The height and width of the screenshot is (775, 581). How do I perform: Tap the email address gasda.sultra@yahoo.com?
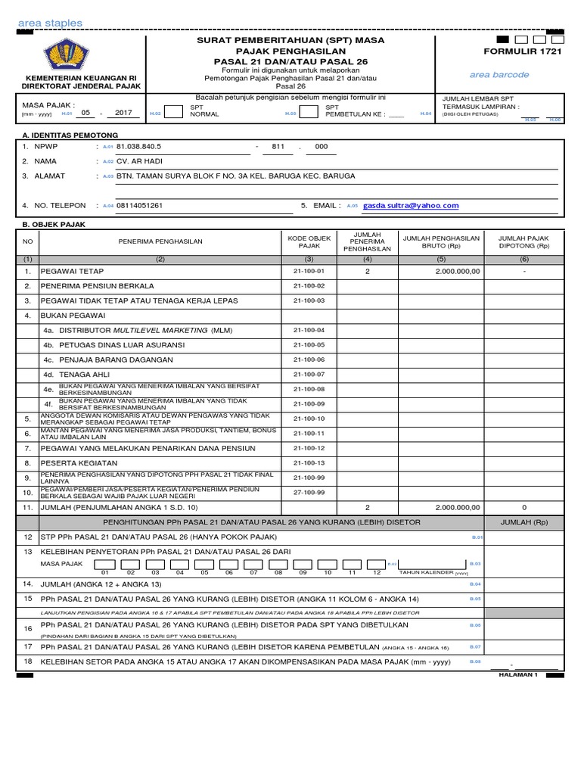411,205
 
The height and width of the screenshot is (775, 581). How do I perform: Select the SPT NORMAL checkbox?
173,112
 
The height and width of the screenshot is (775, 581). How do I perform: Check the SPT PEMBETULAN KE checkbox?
308,112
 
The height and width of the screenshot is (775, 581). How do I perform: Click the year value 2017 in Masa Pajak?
123,112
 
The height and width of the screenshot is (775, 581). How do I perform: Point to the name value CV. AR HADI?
139,160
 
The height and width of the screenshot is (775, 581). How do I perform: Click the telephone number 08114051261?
139,205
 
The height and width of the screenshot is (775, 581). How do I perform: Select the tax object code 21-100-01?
309,271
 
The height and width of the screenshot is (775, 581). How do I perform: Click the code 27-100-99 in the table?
309,492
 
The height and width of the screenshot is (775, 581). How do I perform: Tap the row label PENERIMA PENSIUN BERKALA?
97,286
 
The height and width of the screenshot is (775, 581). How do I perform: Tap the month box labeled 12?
376,565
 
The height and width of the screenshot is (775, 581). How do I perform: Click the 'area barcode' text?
499,75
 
